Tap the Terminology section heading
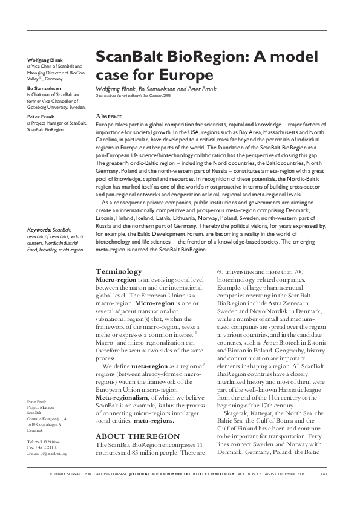(119, 271)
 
